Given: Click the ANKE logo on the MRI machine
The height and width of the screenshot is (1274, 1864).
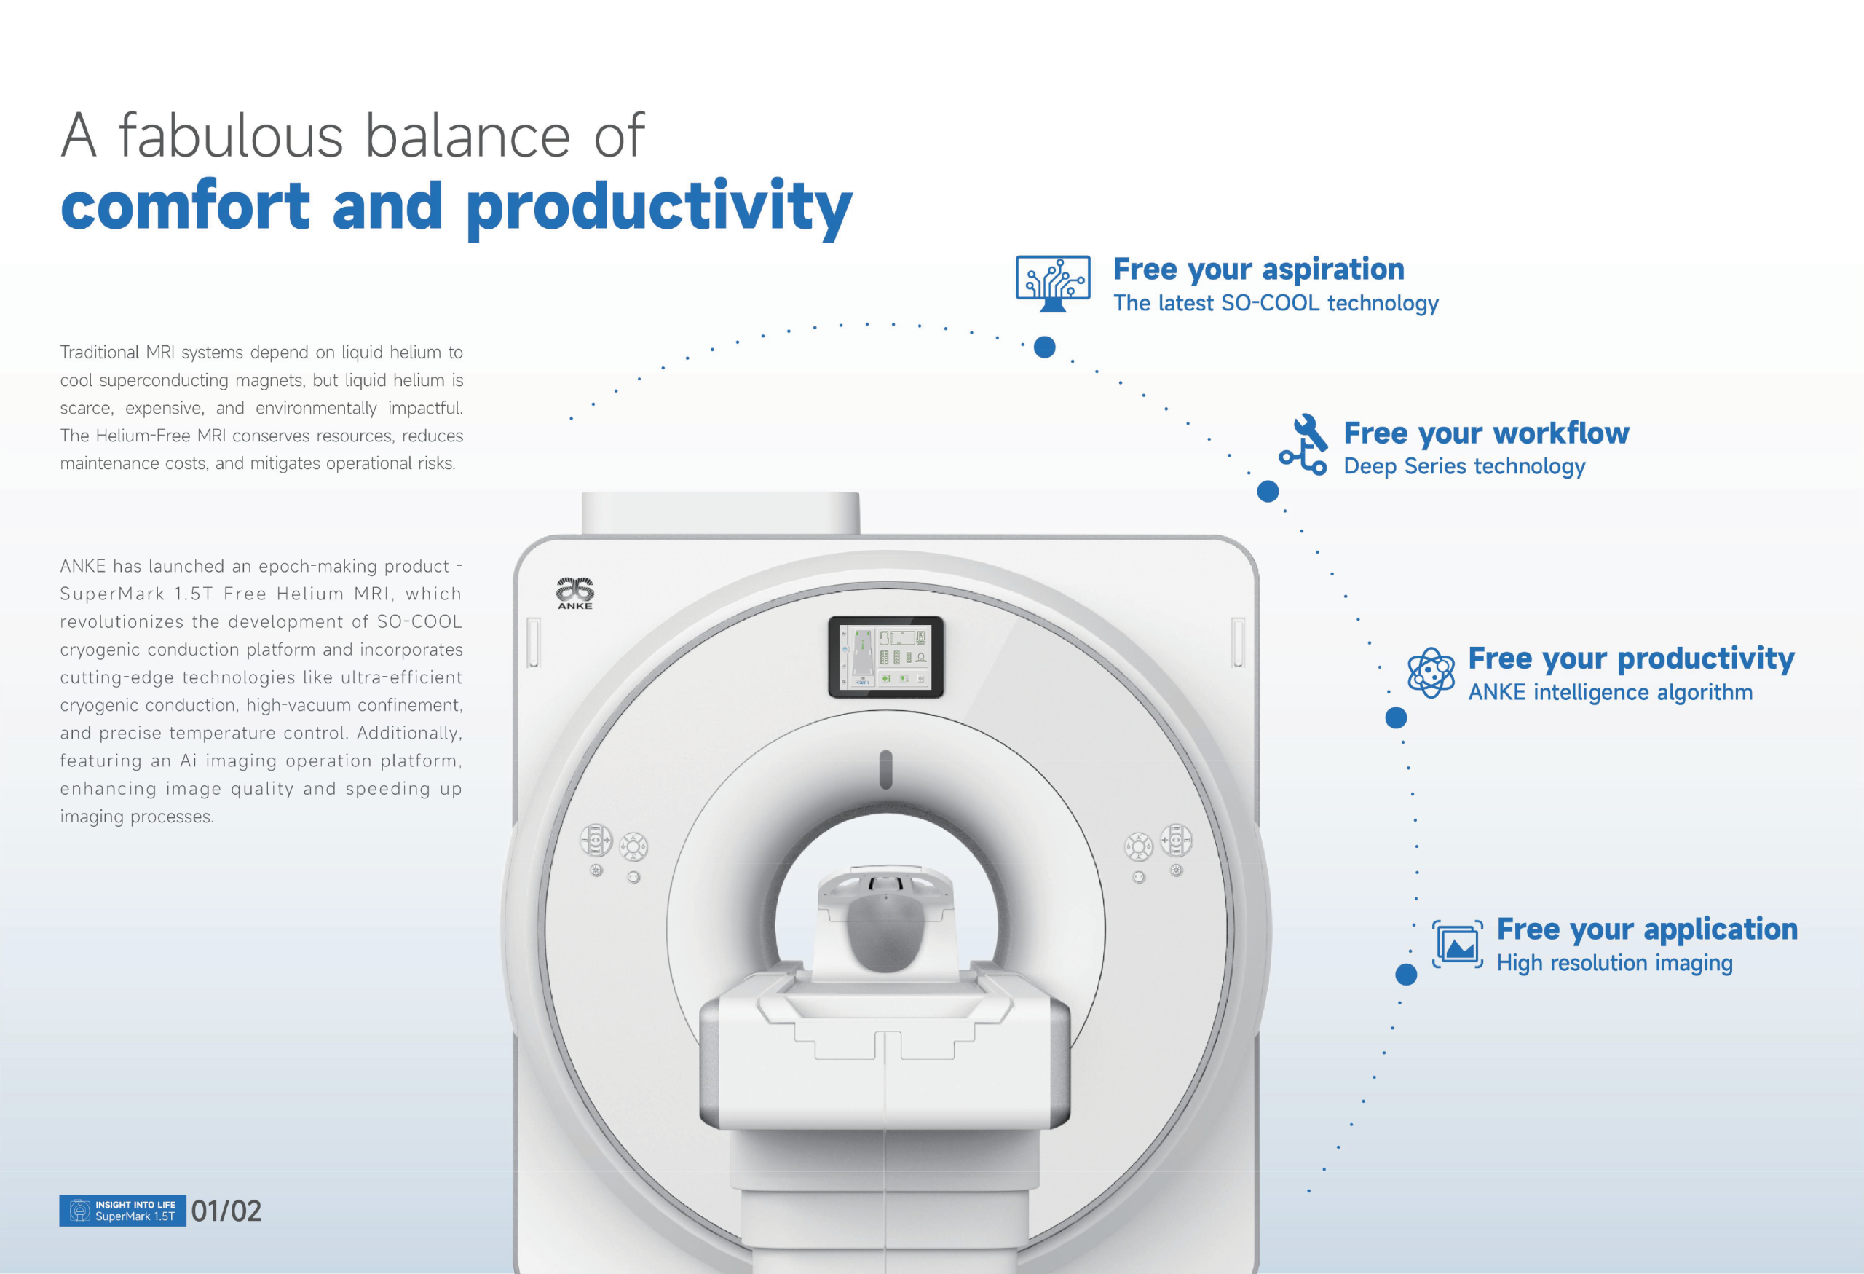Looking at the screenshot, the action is (x=575, y=593).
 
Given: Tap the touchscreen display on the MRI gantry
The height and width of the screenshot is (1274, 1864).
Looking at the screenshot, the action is (x=885, y=657).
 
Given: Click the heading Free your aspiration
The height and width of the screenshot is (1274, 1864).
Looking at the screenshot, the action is (x=1258, y=270).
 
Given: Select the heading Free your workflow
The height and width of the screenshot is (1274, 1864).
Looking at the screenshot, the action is (x=1486, y=433).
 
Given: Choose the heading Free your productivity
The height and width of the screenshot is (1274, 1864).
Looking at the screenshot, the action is (x=1632, y=658).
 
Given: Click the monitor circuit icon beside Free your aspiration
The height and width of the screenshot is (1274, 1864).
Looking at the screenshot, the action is (x=1053, y=283).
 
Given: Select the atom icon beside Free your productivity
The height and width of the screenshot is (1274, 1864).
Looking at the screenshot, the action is (x=1431, y=672).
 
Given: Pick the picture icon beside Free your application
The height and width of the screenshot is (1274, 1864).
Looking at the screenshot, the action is (x=1458, y=945).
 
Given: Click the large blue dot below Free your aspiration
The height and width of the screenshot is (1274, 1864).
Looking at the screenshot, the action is (x=1044, y=347).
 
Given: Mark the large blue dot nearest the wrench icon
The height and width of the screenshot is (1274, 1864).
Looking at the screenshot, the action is (x=1267, y=491).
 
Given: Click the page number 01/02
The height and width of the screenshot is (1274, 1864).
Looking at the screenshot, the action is (x=226, y=1211).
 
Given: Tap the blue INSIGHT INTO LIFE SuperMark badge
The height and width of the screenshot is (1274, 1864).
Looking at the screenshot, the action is (x=123, y=1211).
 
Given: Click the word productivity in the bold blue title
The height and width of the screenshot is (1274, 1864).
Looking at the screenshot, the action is (x=658, y=207).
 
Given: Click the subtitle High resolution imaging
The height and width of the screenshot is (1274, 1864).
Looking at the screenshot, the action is (x=1614, y=963).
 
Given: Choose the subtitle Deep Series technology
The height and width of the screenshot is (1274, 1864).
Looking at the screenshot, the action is (x=1464, y=466).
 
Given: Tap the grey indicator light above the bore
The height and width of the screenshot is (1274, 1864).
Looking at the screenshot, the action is (x=885, y=769).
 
